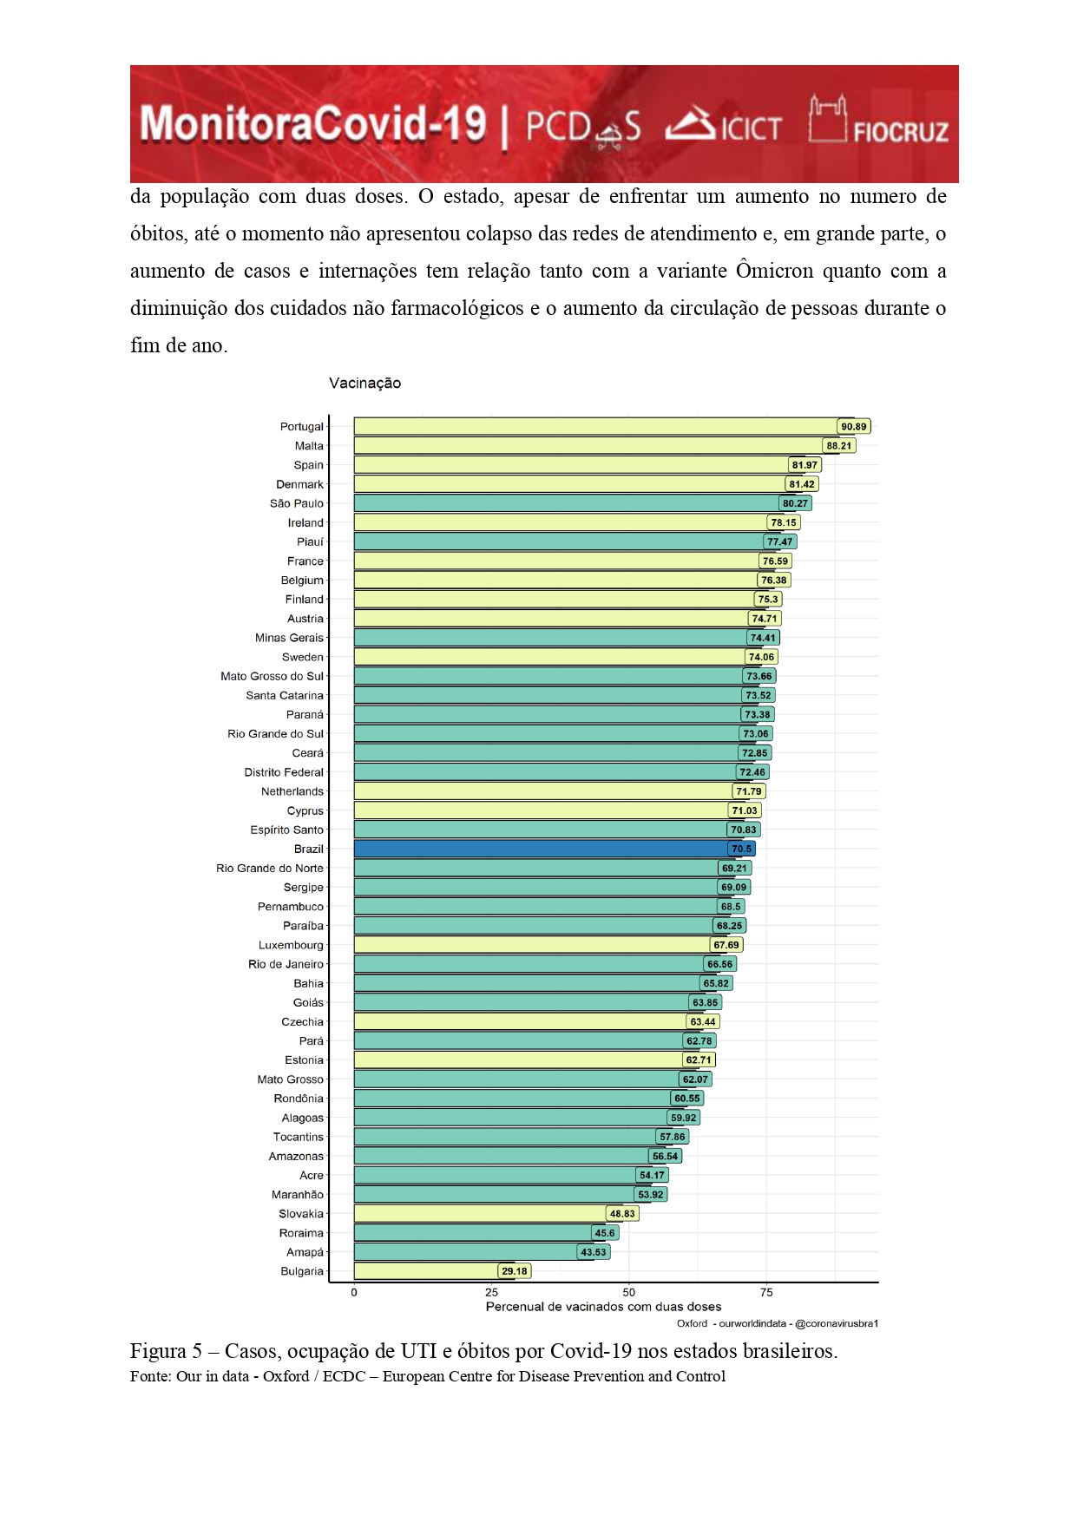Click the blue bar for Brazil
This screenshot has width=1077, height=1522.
click(x=538, y=849)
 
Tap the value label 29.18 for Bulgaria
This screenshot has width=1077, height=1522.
click(x=514, y=1271)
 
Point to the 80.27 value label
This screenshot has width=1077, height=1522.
click(x=795, y=503)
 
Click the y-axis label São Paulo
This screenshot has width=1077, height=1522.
click(x=296, y=503)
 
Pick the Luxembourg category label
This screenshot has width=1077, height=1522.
click(x=291, y=945)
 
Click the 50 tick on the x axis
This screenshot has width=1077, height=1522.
click(x=629, y=1292)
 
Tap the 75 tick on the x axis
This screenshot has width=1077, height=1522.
click(x=766, y=1292)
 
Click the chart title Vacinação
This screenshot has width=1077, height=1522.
click(x=364, y=383)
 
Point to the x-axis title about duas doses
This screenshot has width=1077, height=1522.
click(x=603, y=1307)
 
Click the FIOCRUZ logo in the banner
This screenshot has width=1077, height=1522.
click(x=878, y=121)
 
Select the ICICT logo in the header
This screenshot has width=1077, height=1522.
click(x=724, y=125)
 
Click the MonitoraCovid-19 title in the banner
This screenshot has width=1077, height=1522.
click(x=312, y=124)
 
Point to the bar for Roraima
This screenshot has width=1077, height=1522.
click(x=473, y=1233)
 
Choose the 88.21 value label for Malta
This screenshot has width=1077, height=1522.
click(x=838, y=446)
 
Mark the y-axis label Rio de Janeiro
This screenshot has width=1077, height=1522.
click(x=286, y=964)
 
